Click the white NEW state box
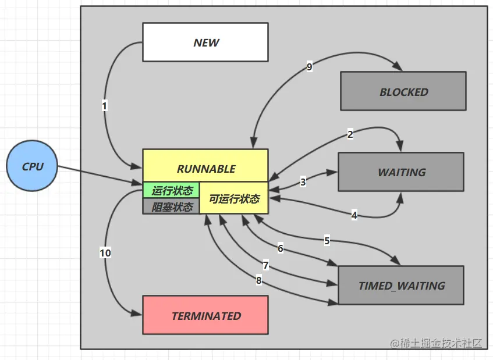205,42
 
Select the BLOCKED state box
403,91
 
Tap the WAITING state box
401,172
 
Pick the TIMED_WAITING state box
401,285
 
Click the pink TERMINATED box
205,315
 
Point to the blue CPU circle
32,166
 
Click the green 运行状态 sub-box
171,190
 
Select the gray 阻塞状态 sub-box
171,206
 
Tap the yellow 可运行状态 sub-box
234,198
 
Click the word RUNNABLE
206,169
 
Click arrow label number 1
105,106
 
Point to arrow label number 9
310,67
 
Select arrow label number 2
350,134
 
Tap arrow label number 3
303,182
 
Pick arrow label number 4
354,215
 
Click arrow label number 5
327,241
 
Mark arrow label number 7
266,265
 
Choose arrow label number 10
105,253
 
